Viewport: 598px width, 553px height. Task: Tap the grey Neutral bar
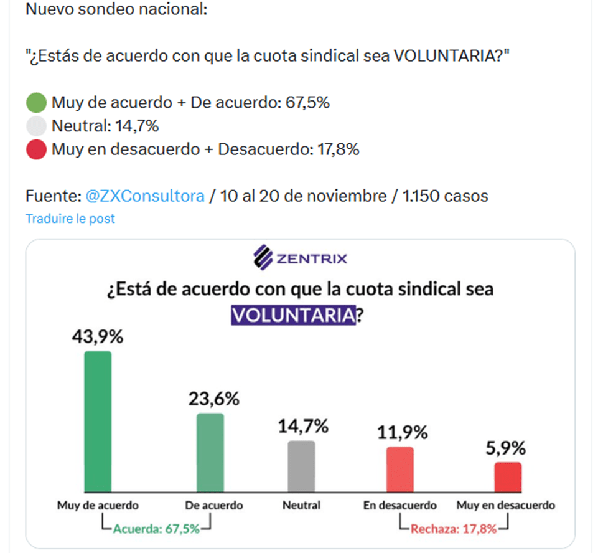coord(301,466)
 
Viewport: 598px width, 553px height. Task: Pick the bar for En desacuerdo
coord(399,470)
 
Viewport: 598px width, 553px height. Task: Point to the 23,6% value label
coord(213,399)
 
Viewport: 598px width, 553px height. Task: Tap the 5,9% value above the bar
coord(505,448)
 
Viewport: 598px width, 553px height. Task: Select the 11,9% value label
coord(403,432)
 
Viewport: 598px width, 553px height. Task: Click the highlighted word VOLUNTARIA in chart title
coord(293,315)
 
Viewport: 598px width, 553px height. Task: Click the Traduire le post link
coord(70,219)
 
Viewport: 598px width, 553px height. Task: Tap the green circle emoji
coord(37,103)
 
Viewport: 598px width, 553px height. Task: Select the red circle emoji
coord(37,149)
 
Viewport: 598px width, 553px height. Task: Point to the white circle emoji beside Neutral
coord(37,126)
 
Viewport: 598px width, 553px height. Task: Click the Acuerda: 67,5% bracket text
coord(156,529)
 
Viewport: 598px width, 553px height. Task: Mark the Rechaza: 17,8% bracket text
coord(454,529)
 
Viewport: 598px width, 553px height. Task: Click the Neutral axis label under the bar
coord(301,505)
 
